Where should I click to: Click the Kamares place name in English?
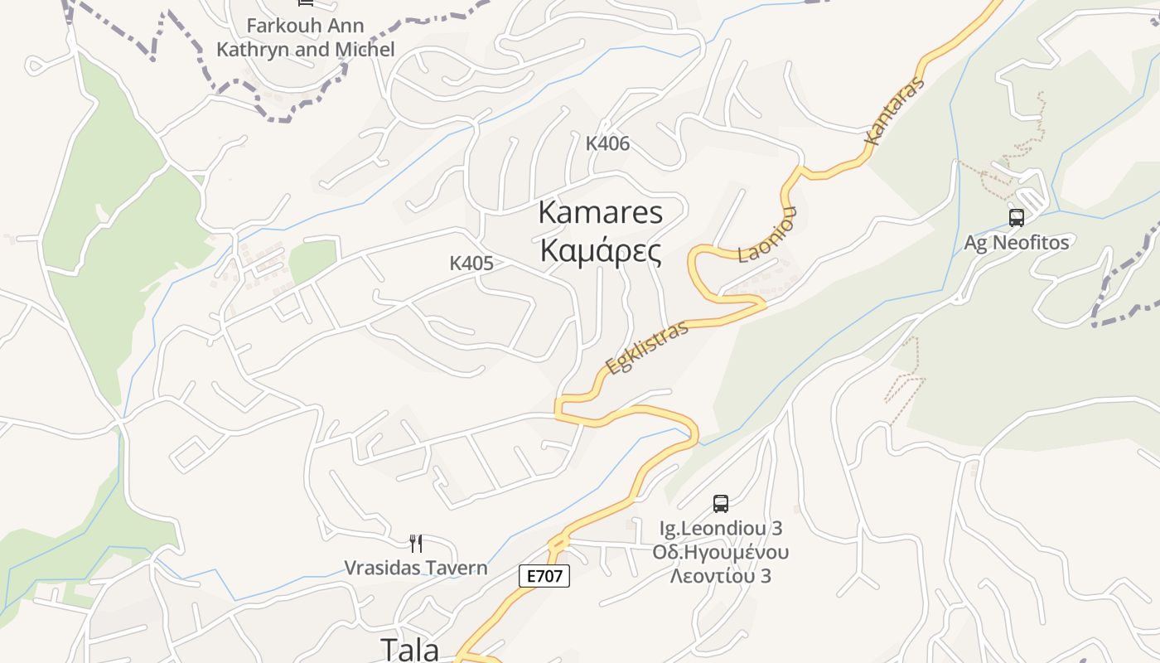(601, 212)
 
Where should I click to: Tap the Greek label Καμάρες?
(601, 251)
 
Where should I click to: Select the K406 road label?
(607, 143)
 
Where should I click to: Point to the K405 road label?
(471, 264)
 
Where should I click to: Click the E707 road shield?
(544, 576)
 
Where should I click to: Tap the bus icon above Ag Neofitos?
(1016, 218)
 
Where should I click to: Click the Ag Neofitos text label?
(1016, 243)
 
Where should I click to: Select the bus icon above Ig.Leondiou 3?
(721, 503)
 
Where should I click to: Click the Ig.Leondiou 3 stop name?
(721, 528)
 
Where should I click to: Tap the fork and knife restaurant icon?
(416, 544)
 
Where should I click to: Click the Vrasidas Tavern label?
(416, 569)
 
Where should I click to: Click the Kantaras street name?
(893, 112)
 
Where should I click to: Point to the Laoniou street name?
(767, 235)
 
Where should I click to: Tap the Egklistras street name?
(647, 347)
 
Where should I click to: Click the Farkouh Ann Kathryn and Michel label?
(306, 37)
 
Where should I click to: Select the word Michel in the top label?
(365, 50)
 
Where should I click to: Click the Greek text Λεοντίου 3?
(721, 575)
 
